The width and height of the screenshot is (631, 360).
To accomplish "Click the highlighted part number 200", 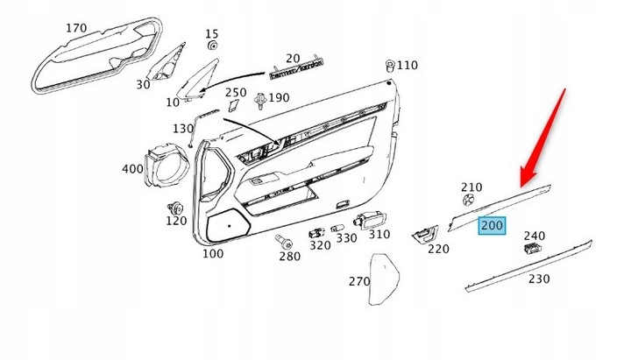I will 491,226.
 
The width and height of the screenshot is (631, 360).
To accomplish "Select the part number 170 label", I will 76,29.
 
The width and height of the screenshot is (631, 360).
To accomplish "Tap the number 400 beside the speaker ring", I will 132,169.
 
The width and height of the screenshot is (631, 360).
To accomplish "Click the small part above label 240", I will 531,249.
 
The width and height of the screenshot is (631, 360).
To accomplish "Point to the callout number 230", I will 539,279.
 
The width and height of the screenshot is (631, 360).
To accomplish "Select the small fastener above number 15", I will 212,45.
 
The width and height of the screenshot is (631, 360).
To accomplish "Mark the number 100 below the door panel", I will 212,254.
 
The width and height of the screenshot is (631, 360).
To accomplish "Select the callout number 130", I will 182,129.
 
